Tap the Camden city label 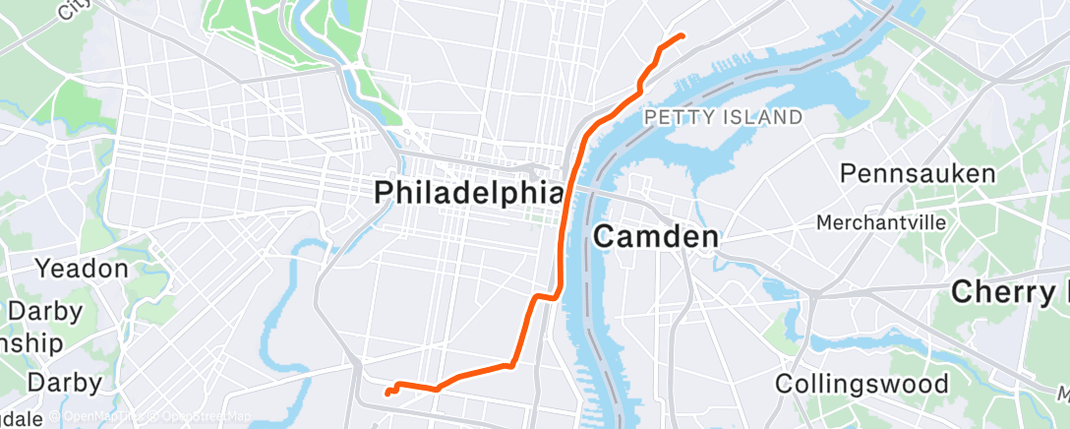[656, 237]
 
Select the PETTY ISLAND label [723, 118]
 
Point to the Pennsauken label [917, 173]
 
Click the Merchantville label [881, 222]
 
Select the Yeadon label [83, 268]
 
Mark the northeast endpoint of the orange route [683, 36]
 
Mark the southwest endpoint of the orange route [386, 394]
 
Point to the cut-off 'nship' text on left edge [31, 343]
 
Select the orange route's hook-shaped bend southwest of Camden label [544, 295]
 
